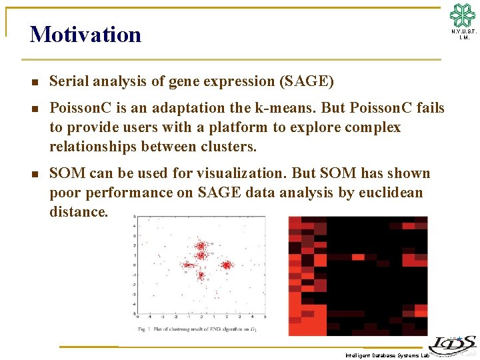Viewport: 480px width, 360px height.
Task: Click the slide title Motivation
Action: [x=85, y=35]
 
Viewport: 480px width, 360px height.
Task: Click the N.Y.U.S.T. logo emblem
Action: [x=463, y=15]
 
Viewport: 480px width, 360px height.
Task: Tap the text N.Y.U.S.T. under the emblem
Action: [x=463, y=31]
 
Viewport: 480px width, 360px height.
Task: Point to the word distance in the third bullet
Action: [x=77, y=212]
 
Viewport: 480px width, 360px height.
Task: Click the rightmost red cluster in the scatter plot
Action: [x=227, y=265]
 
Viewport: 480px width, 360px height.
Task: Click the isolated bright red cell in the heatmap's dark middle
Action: [x=358, y=257]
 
